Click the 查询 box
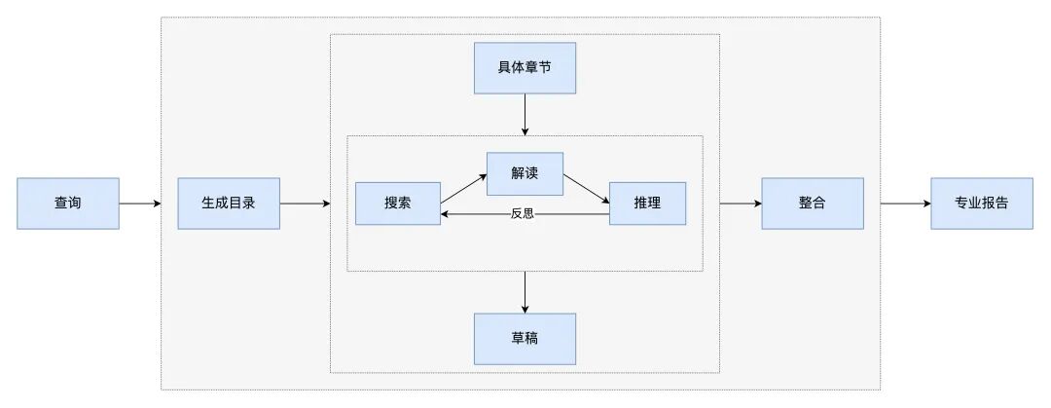[67, 204]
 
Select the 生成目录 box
[228, 204]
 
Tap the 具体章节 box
[525, 68]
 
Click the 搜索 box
[397, 204]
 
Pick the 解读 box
[525, 174]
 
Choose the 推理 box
[647, 204]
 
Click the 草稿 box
[525, 338]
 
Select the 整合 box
[812, 204]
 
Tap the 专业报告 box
[981, 204]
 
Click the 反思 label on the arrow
[522, 213]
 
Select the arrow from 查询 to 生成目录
[140, 204]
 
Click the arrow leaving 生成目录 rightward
[305, 204]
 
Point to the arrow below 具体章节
[525, 114]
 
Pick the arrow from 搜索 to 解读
[463, 189]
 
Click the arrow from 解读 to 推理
[586, 189]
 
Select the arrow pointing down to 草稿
[525, 291]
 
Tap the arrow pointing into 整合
[741, 204]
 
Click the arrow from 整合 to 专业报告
[905, 204]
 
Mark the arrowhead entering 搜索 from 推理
[446, 213]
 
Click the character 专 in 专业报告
[960, 204]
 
